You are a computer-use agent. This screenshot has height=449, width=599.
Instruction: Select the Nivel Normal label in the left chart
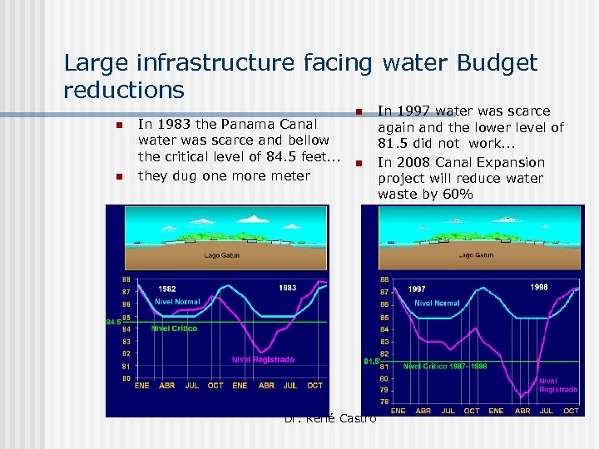coord(177,301)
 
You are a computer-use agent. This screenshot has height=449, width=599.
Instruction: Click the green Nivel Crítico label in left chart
coord(174,328)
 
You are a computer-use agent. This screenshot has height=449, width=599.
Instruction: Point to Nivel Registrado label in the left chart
coord(263,359)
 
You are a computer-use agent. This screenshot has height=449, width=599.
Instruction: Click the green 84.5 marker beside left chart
coord(112,322)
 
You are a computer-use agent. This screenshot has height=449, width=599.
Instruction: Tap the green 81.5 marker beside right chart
coord(371,361)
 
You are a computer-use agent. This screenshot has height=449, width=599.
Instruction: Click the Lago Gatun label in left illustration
coord(222,255)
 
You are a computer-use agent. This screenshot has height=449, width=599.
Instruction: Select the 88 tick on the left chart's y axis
coord(126,279)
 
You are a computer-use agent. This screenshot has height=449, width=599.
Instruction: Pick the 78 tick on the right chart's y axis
coord(384,402)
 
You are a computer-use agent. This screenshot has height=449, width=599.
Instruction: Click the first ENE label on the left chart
coord(142,386)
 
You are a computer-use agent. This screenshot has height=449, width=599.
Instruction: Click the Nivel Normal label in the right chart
coord(437,303)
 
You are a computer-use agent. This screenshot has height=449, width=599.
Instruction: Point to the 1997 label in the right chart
coord(417,289)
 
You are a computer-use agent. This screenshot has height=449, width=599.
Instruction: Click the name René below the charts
coord(321,417)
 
